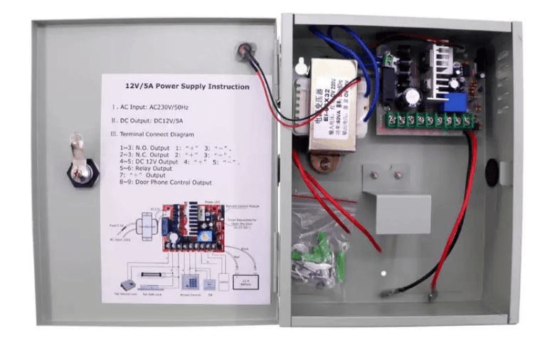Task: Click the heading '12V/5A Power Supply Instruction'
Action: tap(186, 87)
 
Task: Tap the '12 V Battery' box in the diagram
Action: tap(246, 281)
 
